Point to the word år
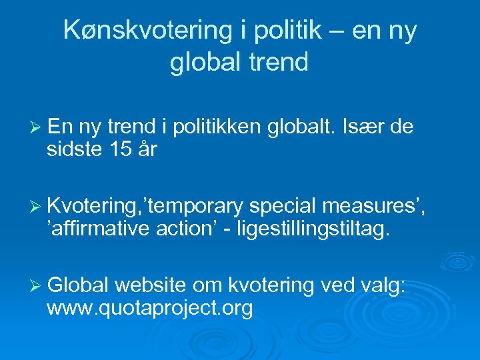(x=146, y=150)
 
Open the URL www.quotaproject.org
(x=149, y=308)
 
